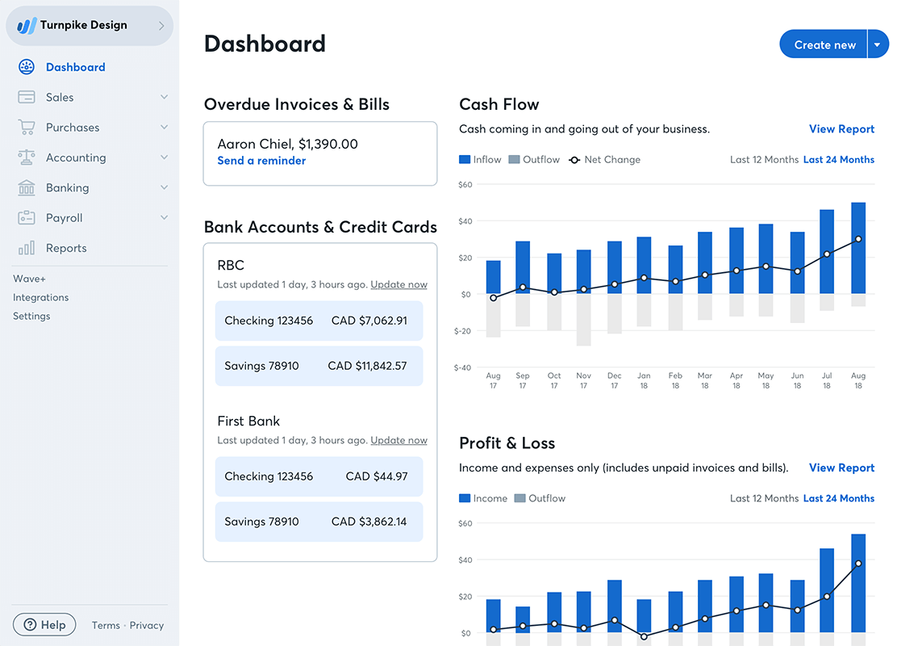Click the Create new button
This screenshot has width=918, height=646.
tap(824, 45)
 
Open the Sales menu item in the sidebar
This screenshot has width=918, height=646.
tap(60, 97)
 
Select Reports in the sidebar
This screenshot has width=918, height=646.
tap(66, 248)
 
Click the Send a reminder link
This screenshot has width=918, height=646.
tap(261, 161)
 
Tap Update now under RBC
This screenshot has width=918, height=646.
tap(398, 284)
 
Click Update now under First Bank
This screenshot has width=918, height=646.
tap(398, 440)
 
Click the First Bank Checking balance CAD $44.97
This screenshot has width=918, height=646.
tap(376, 476)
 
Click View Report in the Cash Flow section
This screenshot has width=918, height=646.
tap(841, 129)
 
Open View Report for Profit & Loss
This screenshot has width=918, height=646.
tap(841, 468)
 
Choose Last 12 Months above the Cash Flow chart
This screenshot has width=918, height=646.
tap(764, 160)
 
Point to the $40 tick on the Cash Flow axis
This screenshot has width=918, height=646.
tap(465, 221)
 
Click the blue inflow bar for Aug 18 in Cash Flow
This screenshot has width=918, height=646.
tap(858, 247)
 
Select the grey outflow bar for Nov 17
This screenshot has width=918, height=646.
tap(584, 320)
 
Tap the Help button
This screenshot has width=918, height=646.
tap(44, 625)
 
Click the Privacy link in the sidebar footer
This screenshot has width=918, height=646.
tap(147, 625)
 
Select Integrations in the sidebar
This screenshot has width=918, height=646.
tap(40, 297)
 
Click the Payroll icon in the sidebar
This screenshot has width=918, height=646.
tap(27, 218)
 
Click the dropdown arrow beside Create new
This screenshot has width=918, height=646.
tap(878, 45)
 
